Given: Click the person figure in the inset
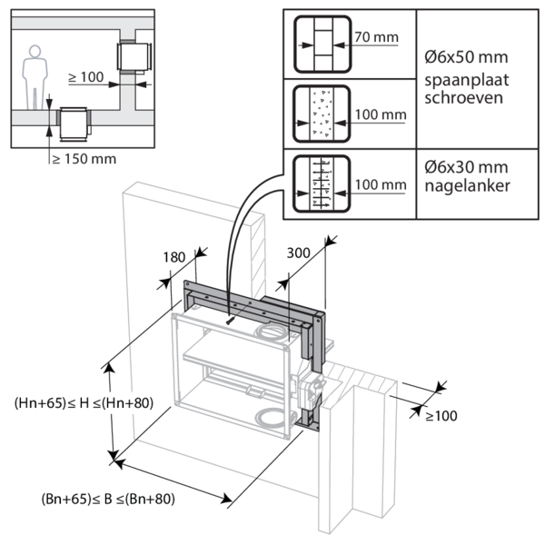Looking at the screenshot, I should (35, 78).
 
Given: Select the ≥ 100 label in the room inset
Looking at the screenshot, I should (84, 79).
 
